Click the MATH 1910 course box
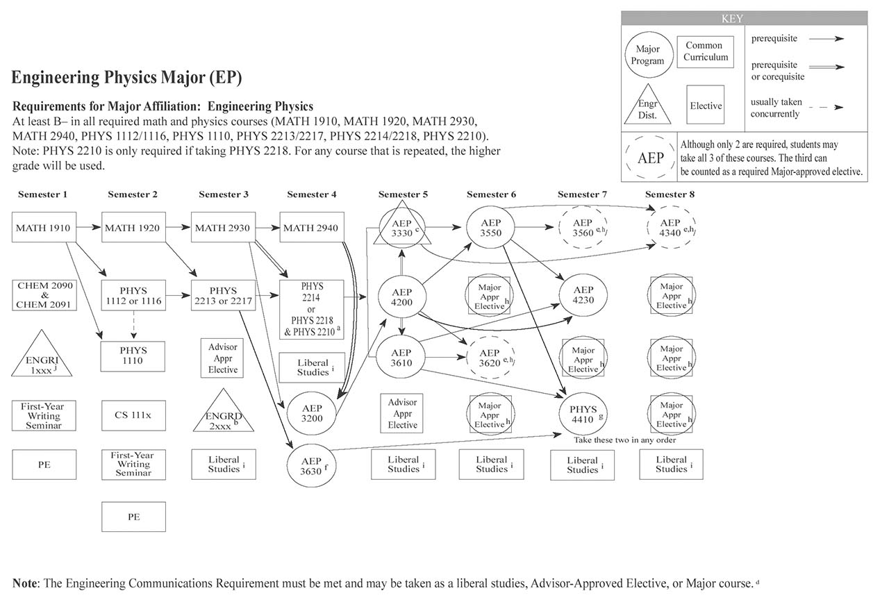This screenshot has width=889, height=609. [44, 228]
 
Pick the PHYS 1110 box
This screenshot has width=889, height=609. [133, 356]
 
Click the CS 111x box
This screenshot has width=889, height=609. [133, 415]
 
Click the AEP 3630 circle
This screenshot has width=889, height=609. [311, 465]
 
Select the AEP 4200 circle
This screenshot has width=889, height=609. [401, 297]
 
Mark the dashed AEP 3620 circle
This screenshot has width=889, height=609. [490, 358]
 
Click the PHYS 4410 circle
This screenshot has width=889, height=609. [582, 414]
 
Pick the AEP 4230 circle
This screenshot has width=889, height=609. [583, 295]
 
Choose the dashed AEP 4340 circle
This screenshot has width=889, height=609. [670, 228]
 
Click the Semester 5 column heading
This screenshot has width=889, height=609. [403, 194]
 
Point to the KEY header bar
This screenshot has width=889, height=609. [744, 19]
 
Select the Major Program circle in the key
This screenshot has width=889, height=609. [647, 55]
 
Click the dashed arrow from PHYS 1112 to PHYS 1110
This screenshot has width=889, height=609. [133, 324]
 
